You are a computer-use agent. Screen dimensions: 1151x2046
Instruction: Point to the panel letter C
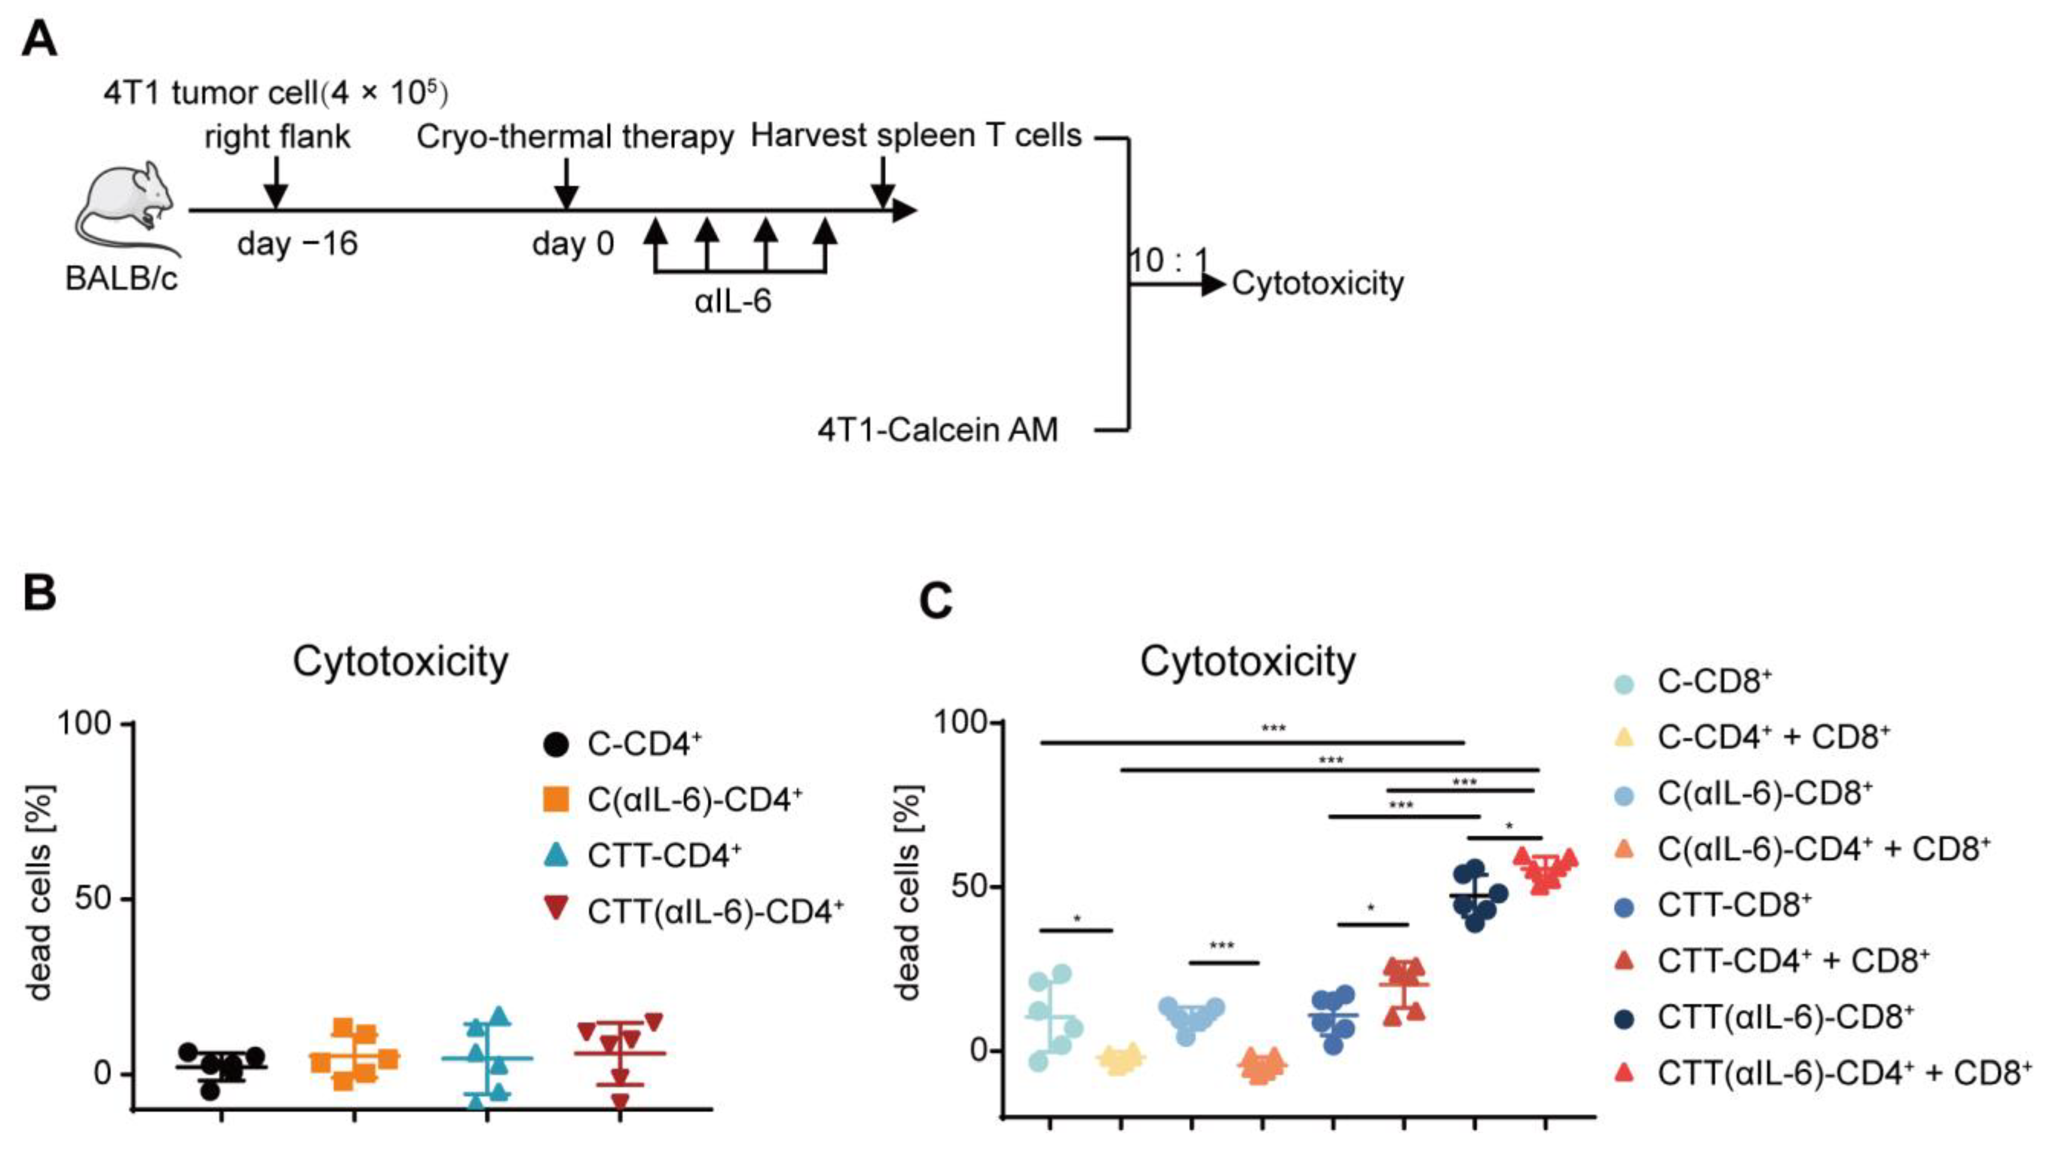point(936,601)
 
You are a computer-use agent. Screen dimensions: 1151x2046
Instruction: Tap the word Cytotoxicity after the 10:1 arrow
point(1318,284)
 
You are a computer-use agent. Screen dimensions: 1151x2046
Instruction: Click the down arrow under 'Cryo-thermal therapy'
point(566,184)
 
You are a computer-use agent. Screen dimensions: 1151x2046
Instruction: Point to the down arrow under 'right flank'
point(275,184)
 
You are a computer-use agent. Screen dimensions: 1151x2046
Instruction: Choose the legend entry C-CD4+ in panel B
point(644,744)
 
